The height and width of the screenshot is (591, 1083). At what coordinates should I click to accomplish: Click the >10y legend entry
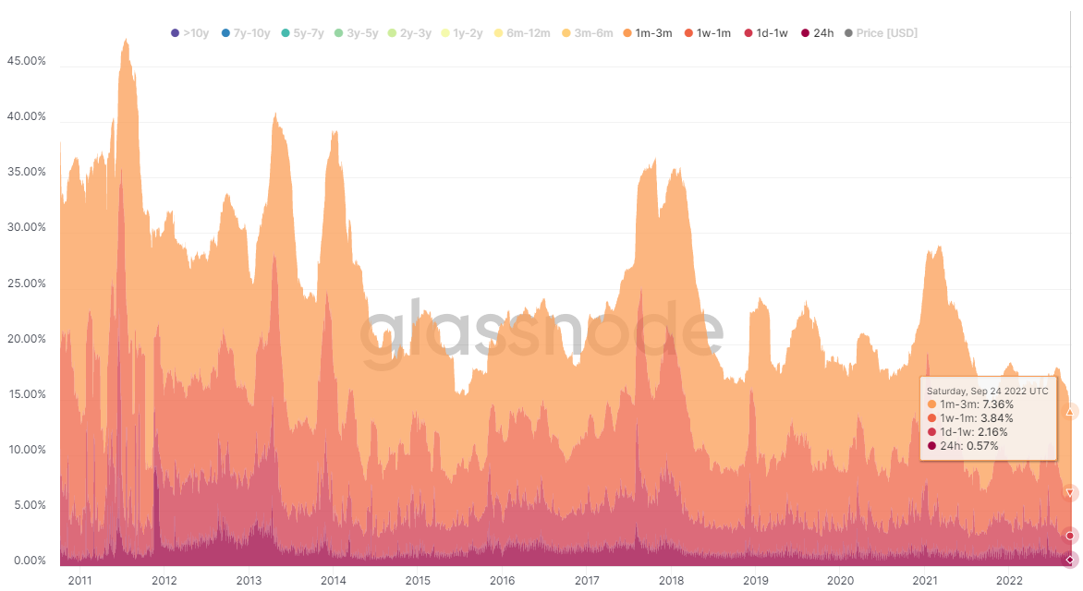pyautogui.click(x=190, y=33)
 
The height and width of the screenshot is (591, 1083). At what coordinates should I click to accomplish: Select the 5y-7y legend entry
pyautogui.click(x=302, y=33)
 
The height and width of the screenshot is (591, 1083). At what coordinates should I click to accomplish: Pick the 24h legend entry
pyautogui.click(x=818, y=33)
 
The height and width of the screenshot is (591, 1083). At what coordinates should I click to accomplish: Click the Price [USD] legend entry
pyautogui.click(x=881, y=33)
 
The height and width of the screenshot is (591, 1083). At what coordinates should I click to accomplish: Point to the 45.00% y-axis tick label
pyautogui.click(x=27, y=61)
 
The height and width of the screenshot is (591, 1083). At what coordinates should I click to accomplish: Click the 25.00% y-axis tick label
pyautogui.click(x=27, y=283)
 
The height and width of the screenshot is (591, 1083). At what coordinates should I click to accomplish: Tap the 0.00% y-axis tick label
pyautogui.click(x=29, y=561)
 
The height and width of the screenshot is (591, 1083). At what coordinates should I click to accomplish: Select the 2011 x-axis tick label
pyautogui.click(x=80, y=581)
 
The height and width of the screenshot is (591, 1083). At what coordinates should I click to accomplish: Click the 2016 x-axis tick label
pyautogui.click(x=503, y=581)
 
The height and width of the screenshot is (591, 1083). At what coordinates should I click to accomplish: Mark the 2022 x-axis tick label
pyautogui.click(x=1009, y=581)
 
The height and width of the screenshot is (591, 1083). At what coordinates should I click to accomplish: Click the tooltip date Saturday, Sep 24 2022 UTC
pyautogui.click(x=987, y=391)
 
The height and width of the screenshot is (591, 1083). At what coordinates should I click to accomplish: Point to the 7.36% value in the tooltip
pyautogui.click(x=997, y=404)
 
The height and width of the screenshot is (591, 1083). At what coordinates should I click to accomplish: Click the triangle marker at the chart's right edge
pyautogui.click(x=1070, y=412)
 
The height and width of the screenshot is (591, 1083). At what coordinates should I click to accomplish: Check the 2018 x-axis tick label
pyautogui.click(x=672, y=581)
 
